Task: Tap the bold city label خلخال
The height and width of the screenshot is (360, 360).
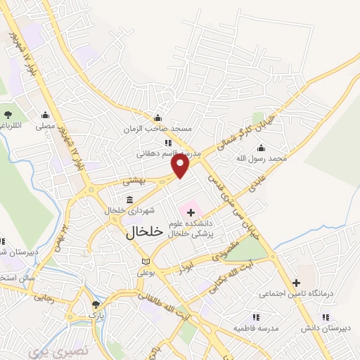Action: tap(144, 233)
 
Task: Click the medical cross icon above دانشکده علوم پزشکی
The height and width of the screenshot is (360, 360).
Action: tap(191, 212)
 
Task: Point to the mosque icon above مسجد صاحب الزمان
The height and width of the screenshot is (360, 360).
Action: tap(157, 117)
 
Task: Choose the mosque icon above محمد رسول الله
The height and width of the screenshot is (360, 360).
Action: tap(262, 148)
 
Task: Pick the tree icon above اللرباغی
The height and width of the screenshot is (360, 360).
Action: tap(8, 114)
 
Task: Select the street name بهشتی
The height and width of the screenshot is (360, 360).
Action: tap(133, 181)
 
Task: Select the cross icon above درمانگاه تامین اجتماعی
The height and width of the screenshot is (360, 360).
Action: tap(307, 283)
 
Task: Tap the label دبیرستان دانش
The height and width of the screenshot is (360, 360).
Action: tap(321, 328)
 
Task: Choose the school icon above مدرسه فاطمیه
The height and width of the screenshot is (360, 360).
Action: tap(255, 318)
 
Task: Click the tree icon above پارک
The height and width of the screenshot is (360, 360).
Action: tap(96, 304)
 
